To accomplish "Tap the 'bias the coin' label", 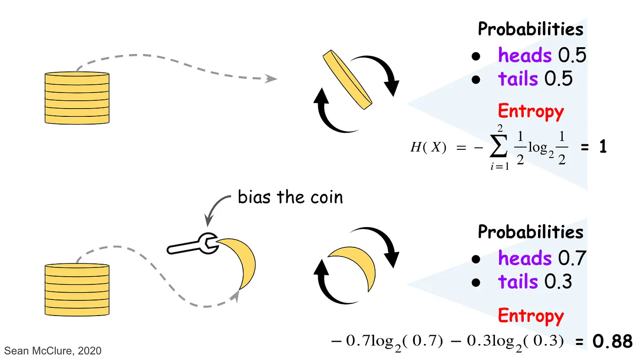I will click(x=290, y=197).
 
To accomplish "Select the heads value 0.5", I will click(x=572, y=56).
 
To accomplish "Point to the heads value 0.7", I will click(x=572, y=259).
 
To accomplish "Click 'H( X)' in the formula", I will click(x=428, y=148).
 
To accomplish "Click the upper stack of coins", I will click(x=77, y=98).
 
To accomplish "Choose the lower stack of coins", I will click(x=77, y=289).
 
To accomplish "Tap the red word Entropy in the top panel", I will click(x=531, y=111).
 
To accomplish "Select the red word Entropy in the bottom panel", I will click(x=531, y=316).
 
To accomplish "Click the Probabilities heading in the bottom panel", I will click(x=531, y=232).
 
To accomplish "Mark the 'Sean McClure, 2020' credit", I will click(x=53, y=351).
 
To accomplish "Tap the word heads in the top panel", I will click(x=525, y=56).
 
